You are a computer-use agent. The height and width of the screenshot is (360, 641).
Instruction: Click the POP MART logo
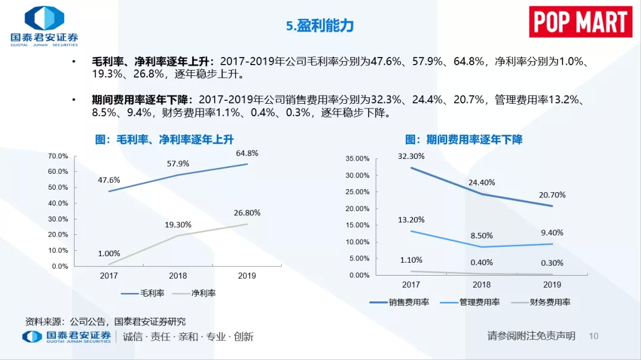(x=580, y=22)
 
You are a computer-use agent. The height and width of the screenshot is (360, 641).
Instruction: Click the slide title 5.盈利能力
(x=320, y=26)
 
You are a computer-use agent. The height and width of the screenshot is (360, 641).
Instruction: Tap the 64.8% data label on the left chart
(x=247, y=153)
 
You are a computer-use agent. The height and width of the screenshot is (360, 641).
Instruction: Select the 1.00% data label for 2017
(x=109, y=253)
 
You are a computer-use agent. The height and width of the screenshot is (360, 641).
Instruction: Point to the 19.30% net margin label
(x=178, y=225)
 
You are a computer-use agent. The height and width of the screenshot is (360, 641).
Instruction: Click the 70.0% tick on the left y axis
(x=58, y=156)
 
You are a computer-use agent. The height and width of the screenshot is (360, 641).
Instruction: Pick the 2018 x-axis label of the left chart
(x=178, y=276)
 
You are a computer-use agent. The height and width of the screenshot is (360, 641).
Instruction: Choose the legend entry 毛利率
(x=142, y=293)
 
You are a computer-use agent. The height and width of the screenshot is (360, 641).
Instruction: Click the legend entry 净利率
(x=193, y=293)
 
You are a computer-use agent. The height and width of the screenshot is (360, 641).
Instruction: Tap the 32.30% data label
(x=411, y=156)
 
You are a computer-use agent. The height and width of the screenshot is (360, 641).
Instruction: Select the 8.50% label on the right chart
(x=481, y=236)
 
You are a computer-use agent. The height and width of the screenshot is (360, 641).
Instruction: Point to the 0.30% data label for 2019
(x=552, y=263)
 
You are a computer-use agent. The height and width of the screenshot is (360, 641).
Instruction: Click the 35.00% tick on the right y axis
(x=357, y=158)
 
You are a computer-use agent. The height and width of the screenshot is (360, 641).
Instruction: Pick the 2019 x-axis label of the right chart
(x=552, y=285)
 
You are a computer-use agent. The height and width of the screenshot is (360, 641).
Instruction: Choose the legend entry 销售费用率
(x=399, y=302)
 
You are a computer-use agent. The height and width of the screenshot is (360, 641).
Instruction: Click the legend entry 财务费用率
(x=541, y=302)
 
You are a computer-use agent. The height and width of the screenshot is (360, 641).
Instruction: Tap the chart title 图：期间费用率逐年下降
(x=464, y=140)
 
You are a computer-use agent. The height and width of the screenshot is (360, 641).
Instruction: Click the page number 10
(x=594, y=336)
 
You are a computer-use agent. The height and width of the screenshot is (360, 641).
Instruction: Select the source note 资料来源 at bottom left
(x=106, y=321)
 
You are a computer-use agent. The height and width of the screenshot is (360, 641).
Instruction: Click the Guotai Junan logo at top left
(x=44, y=26)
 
